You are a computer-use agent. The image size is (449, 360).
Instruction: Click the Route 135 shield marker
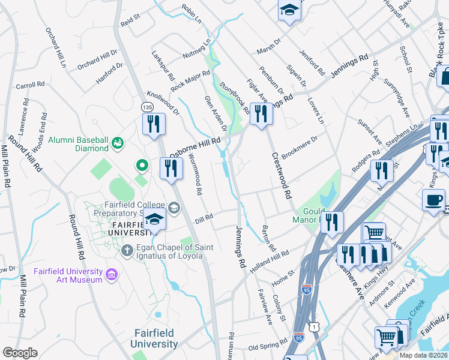(147, 106)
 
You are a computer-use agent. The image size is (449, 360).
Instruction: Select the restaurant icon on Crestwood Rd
(261, 114)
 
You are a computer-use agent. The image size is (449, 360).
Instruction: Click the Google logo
(20, 353)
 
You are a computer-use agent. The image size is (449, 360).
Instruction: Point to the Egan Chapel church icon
(127, 250)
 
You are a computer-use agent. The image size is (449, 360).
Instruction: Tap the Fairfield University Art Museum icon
(111, 274)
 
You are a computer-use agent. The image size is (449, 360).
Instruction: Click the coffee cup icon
(433, 201)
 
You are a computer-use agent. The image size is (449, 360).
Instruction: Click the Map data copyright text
(424, 355)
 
